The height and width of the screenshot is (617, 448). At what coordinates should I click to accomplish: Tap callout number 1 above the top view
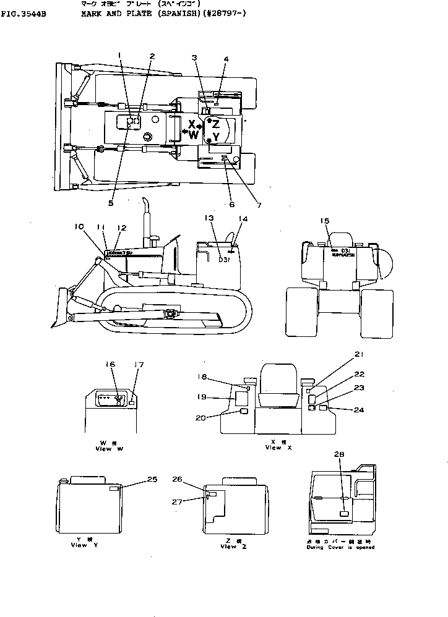(119, 55)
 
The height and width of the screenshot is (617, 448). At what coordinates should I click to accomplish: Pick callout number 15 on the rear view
(324, 221)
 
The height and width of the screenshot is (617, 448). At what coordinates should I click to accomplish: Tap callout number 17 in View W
(139, 365)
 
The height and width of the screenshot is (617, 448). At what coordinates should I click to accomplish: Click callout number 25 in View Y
(152, 479)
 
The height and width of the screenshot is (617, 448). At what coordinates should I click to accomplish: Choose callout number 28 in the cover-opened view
(340, 454)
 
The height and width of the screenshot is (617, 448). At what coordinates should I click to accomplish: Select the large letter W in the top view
(193, 134)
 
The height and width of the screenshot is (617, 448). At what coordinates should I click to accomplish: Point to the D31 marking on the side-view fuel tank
(224, 260)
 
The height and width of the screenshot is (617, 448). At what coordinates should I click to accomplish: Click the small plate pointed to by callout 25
(114, 488)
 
